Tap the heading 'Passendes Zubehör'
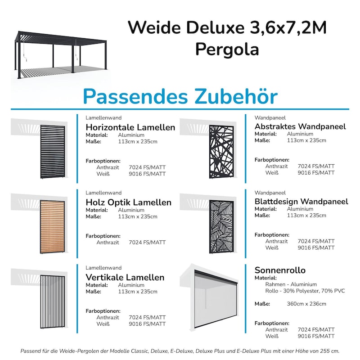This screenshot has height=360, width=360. pyautogui.click(x=180, y=96)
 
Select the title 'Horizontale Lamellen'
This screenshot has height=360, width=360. pyautogui.click(x=130, y=127)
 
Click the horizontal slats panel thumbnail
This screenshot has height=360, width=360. pyautogui.click(x=53, y=151)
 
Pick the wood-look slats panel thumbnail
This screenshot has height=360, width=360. pyautogui.click(x=53, y=227)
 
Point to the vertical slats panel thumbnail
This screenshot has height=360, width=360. pyautogui.click(x=53, y=301)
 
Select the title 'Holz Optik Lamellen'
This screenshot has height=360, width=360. pyautogui.click(x=128, y=202)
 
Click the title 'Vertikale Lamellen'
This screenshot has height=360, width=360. pyautogui.click(x=125, y=277)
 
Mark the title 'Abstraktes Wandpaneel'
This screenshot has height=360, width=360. pyautogui.click(x=300, y=126)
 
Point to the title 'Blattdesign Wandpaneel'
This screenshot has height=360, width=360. pyautogui.click(x=301, y=201)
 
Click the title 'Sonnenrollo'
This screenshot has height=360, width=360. pyautogui.click(x=280, y=270)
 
